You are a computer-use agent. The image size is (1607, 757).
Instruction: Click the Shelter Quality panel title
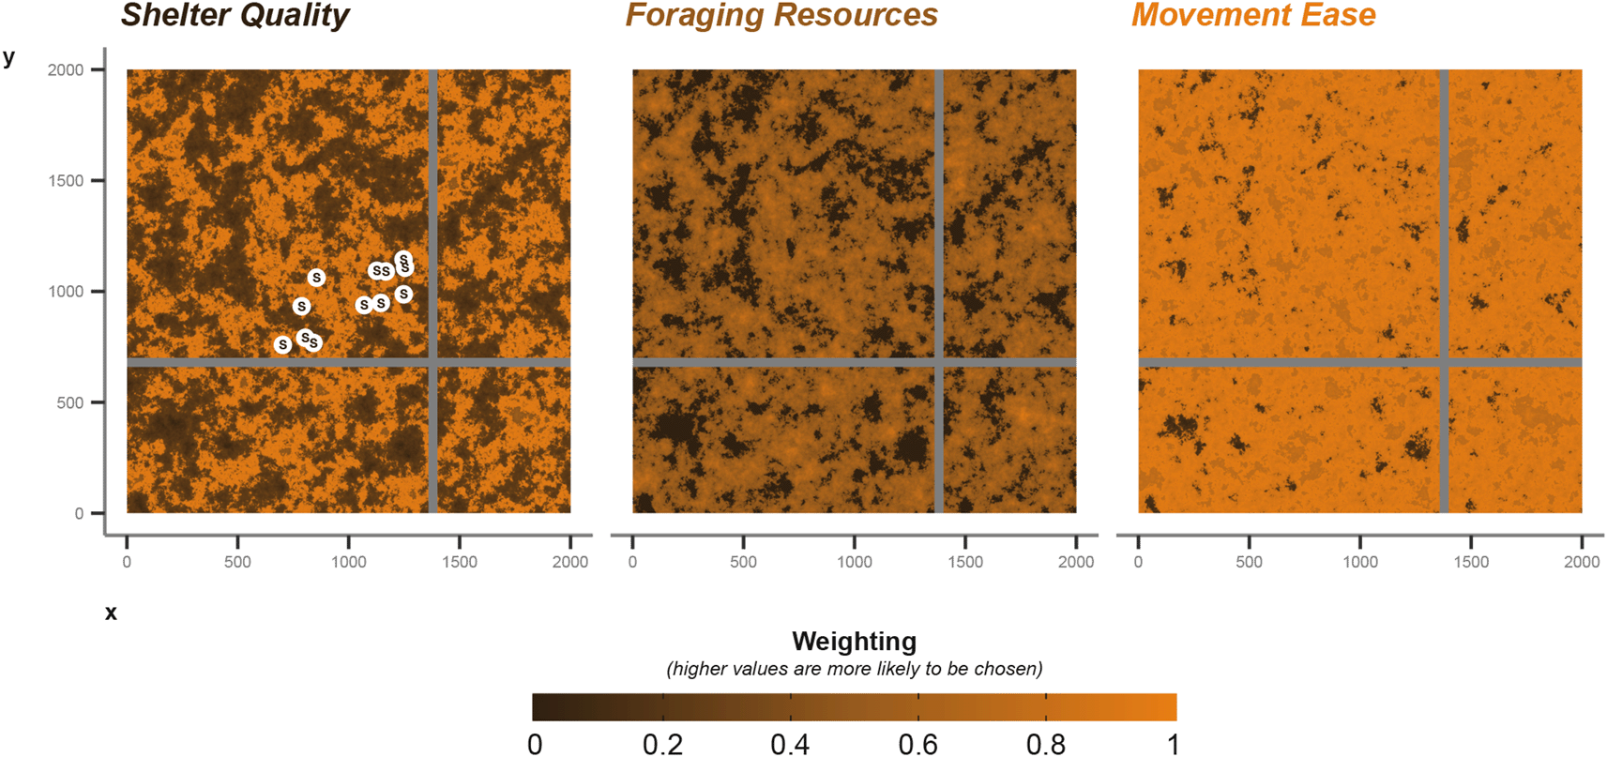click(235, 16)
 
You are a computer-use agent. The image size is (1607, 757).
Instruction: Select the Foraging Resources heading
click(781, 16)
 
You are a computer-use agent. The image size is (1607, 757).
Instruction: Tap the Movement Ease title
click(1252, 16)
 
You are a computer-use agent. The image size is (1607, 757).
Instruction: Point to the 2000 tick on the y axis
click(66, 70)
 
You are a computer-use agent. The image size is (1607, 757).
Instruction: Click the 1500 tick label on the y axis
click(66, 181)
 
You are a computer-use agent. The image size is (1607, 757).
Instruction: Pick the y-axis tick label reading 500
click(69, 403)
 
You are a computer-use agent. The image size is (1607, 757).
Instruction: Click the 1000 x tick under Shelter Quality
click(349, 562)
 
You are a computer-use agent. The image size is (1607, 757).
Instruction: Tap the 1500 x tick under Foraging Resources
click(965, 562)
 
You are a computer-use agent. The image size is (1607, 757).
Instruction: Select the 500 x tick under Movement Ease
click(1249, 562)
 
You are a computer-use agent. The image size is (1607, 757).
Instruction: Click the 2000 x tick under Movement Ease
click(1582, 562)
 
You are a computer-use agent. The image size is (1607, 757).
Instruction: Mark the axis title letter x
click(111, 613)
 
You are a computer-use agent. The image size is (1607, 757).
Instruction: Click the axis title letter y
click(9, 58)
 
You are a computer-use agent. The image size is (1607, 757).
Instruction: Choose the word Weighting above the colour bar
click(854, 642)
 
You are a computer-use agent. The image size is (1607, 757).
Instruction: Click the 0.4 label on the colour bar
click(790, 745)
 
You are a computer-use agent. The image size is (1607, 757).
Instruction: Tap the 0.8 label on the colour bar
click(1045, 745)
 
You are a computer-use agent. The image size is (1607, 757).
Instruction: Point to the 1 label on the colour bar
click(1173, 745)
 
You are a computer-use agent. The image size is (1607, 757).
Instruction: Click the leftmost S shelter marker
click(282, 345)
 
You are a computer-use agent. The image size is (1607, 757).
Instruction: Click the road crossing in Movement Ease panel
click(1444, 362)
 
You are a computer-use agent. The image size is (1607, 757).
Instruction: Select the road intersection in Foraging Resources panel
click(938, 362)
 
